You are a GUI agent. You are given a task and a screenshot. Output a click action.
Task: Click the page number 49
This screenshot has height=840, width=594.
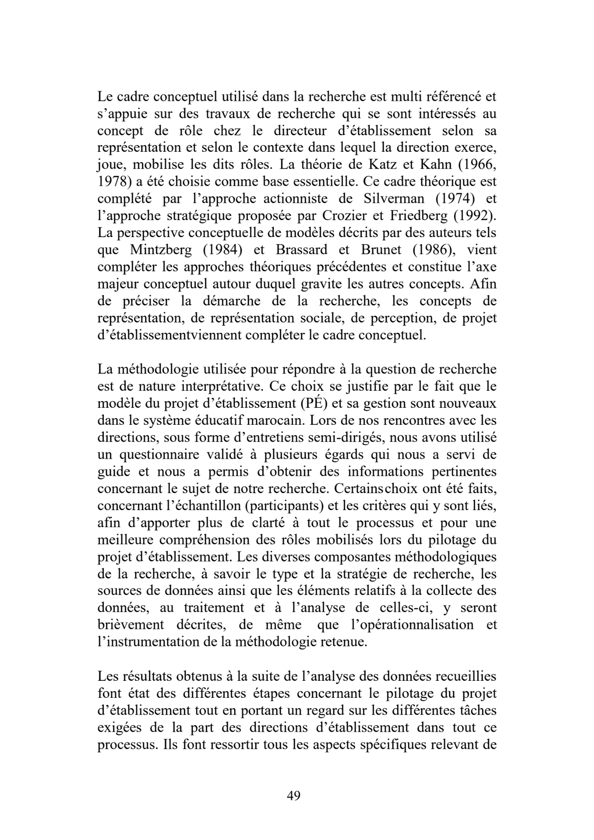pyautogui.click(x=294, y=796)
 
